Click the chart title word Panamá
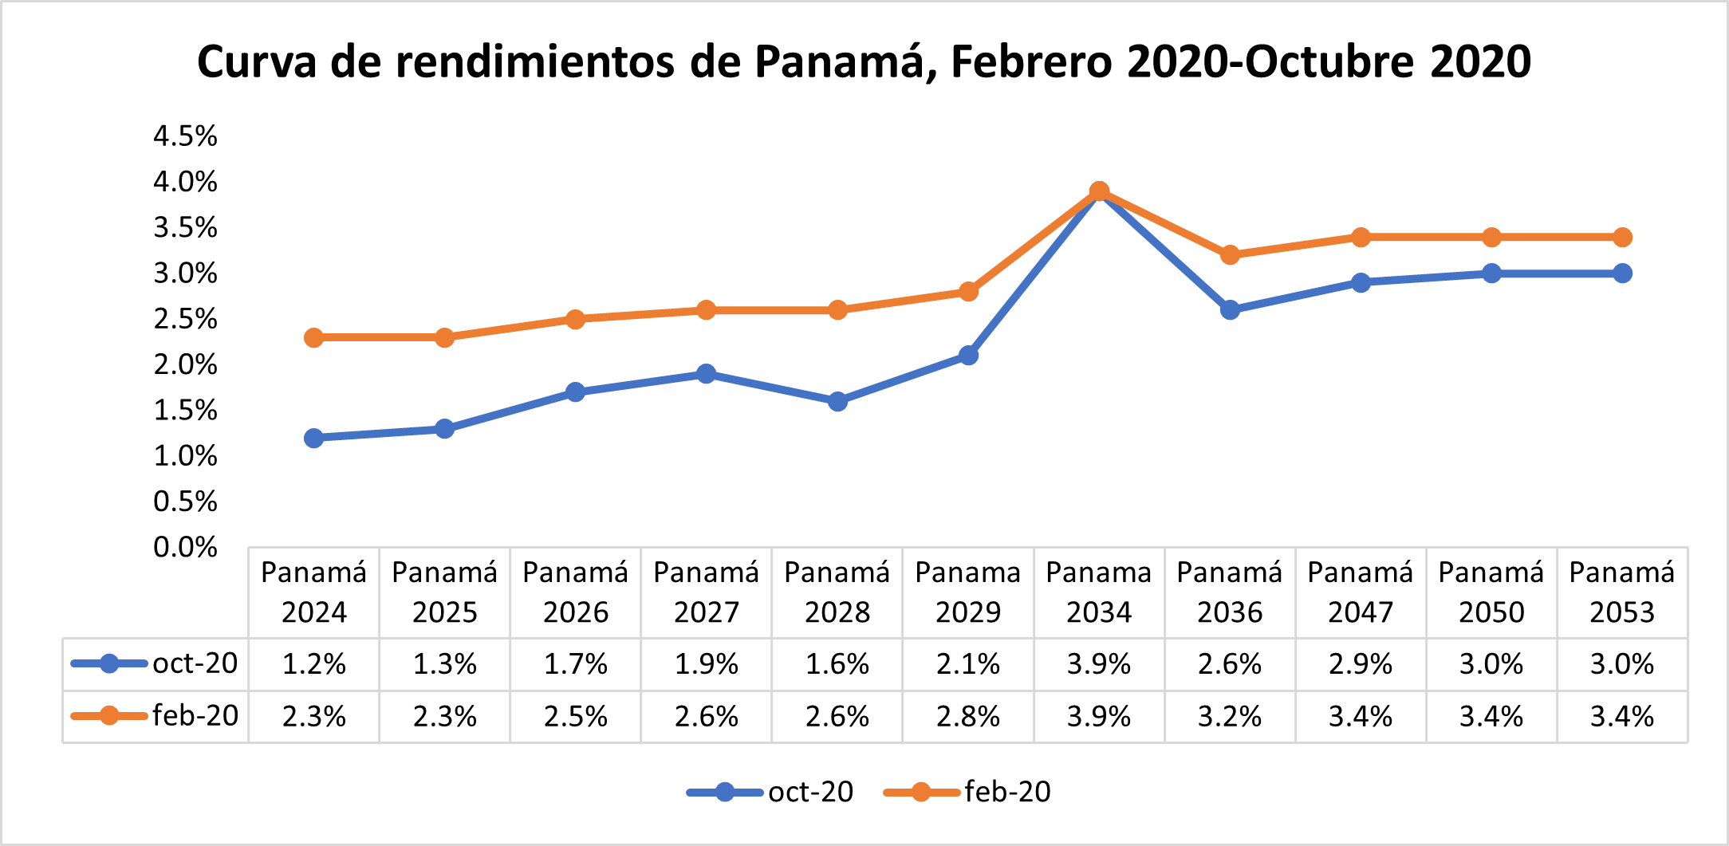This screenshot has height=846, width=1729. tap(842, 61)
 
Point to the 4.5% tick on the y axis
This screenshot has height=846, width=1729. tap(185, 136)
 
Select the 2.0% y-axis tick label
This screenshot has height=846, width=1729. tap(185, 365)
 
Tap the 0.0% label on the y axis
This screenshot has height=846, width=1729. tap(185, 548)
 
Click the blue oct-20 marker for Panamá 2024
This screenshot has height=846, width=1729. tap(313, 438)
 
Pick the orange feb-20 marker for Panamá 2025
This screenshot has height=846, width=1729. tap(444, 337)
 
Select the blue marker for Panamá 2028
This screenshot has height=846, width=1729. tap(837, 401)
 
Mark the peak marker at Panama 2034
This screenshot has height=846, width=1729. tap(1099, 191)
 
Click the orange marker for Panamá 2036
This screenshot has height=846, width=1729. tap(1230, 255)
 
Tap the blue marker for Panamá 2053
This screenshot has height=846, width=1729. tap(1622, 273)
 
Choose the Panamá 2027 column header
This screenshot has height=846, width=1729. tap(706, 592)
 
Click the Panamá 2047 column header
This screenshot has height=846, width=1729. tap(1360, 592)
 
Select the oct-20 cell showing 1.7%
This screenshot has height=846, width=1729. tap(575, 663)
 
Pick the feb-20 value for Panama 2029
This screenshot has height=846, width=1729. tap(967, 716)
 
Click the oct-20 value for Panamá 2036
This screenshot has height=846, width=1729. tap(1229, 663)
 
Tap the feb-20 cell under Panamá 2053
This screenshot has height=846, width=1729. tap(1621, 716)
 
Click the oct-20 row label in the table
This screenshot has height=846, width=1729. tap(195, 663)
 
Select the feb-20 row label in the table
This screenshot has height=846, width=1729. tap(195, 716)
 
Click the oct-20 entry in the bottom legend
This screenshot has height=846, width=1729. tap(809, 792)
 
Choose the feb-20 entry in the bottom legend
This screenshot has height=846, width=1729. tap(1006, 792)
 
